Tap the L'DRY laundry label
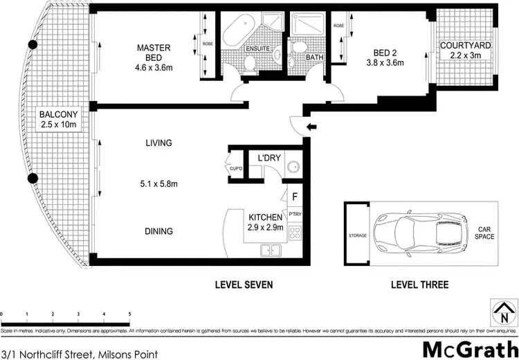pyautogui.click(x=268, y=158)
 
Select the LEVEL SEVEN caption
pyautogui.click(x=244, y=285)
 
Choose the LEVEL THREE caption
pyautogui.click(x=419, y=285)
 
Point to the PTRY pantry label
pyautogui.click(x=295, y=215)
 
